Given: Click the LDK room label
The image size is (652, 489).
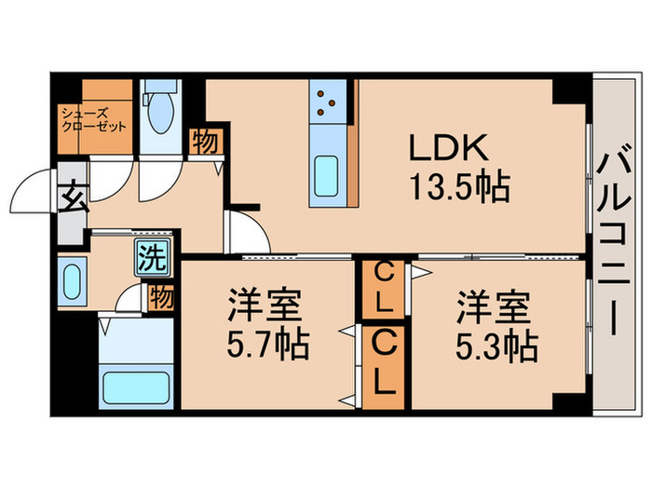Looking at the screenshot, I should tap(445, 149).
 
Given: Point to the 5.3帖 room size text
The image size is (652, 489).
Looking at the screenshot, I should tap(493, 348).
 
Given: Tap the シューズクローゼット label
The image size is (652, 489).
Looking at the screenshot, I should tap(90, 120).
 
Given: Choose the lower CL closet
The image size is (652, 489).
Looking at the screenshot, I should tap(383, 364).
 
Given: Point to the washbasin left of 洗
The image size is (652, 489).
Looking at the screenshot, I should tap(73, 278).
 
